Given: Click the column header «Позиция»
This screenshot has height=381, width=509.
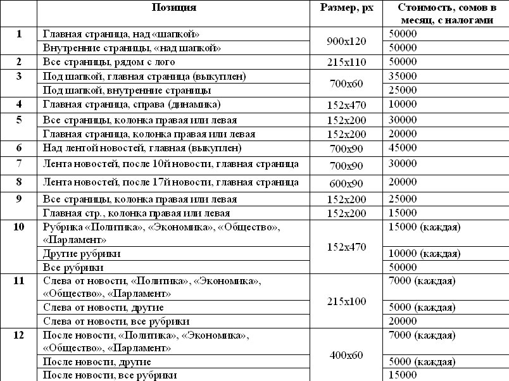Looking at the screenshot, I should coord(173,8).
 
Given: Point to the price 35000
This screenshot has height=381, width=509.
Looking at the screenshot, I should coord(403,76).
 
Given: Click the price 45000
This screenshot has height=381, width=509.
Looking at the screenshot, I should coord(403,148).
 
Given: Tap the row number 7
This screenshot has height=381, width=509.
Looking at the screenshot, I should coord(18,164).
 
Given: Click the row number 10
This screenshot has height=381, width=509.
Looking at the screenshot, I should coord(18,227).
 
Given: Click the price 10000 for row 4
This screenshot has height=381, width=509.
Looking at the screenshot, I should coord(403,104).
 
